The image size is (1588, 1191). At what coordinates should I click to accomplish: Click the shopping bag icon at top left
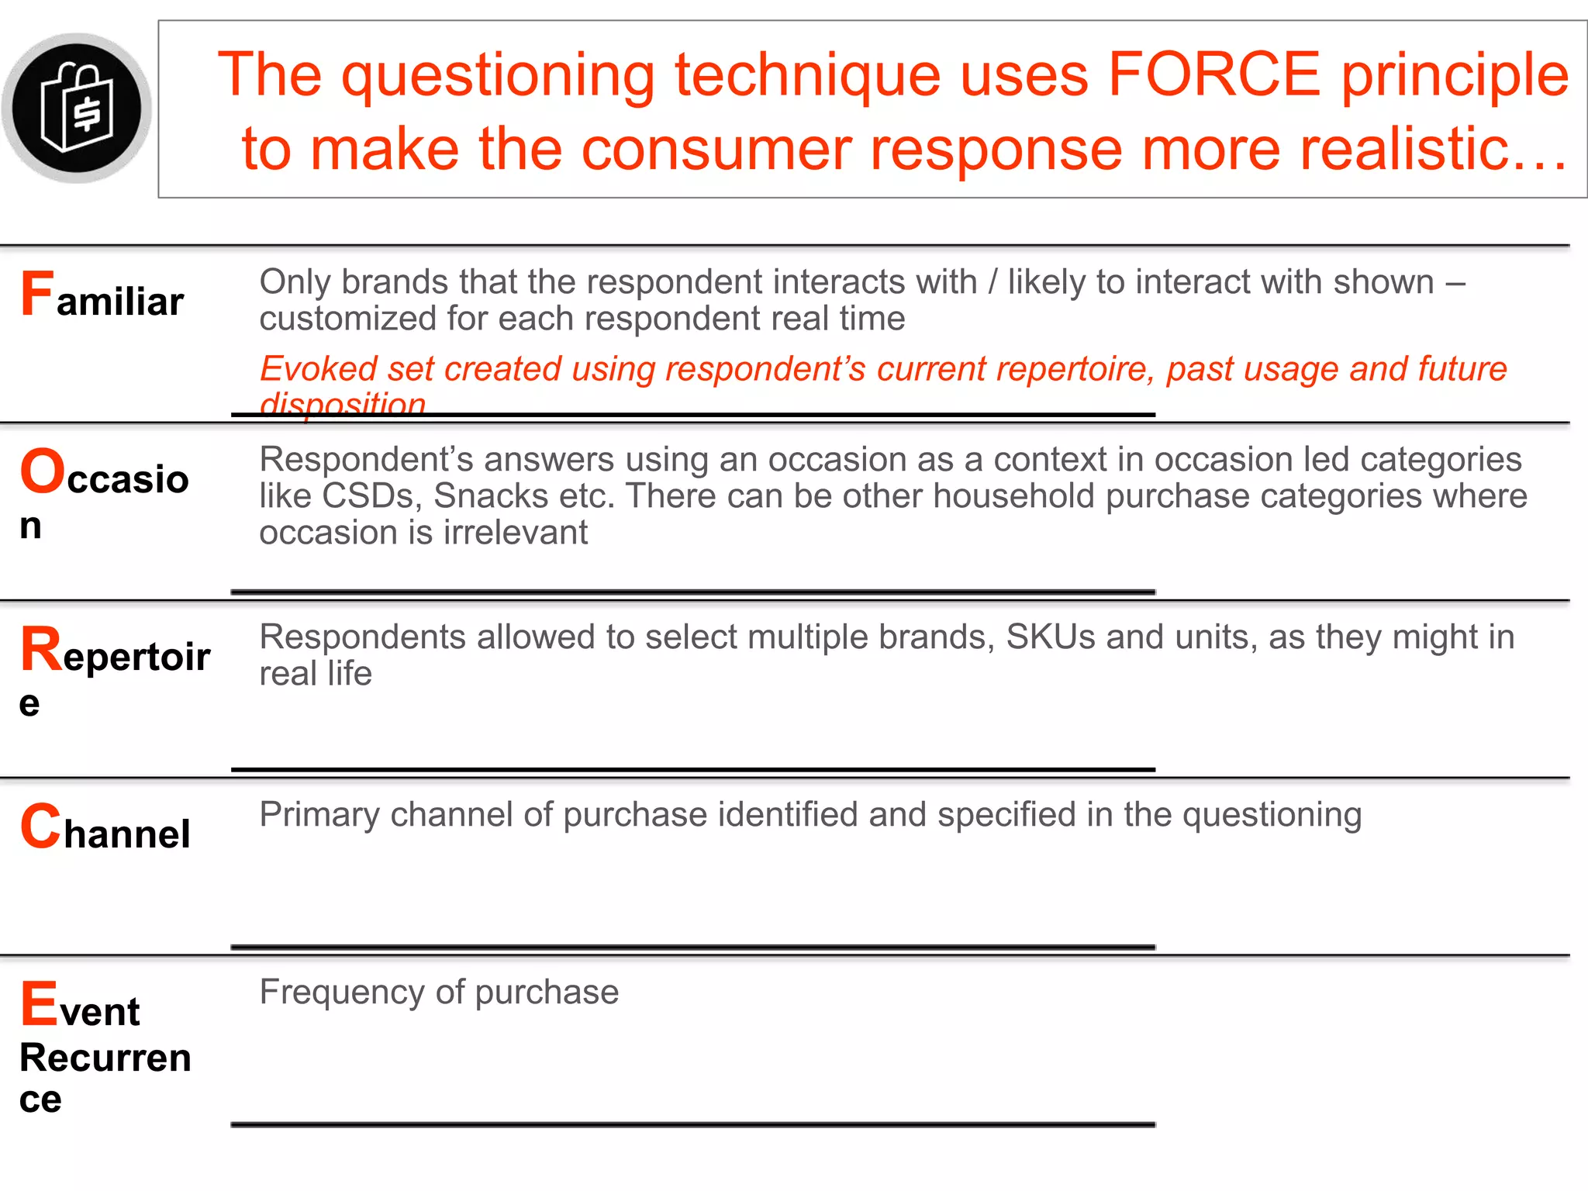pyautogui.click(x=76, y=108)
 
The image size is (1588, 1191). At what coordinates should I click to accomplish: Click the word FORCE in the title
pyautogui.click(x=1214, y=74)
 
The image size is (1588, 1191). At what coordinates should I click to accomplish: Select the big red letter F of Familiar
pyautogui.click(x=37, y=294)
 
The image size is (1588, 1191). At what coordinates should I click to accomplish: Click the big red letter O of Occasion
pyautogui.click(x=42, y=471)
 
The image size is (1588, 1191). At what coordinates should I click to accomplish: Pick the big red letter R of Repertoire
pyautogui.click(x=41, y=650)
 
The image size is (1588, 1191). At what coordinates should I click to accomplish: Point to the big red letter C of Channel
pyautogui.click(x=40, y=827)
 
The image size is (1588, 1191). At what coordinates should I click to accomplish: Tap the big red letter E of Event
pyautogui.click(x=39, y=1003)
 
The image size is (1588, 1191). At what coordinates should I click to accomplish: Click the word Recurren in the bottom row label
pyautogui.click(x=105, y=1058)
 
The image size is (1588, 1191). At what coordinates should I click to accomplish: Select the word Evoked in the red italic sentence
pyautogui.click(x=319, y=369)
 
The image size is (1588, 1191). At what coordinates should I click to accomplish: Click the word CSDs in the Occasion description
pyautogui.click(x=371, y=496)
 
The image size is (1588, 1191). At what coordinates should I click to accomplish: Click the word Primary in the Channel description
pyautogui.click(x=320, y=815)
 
